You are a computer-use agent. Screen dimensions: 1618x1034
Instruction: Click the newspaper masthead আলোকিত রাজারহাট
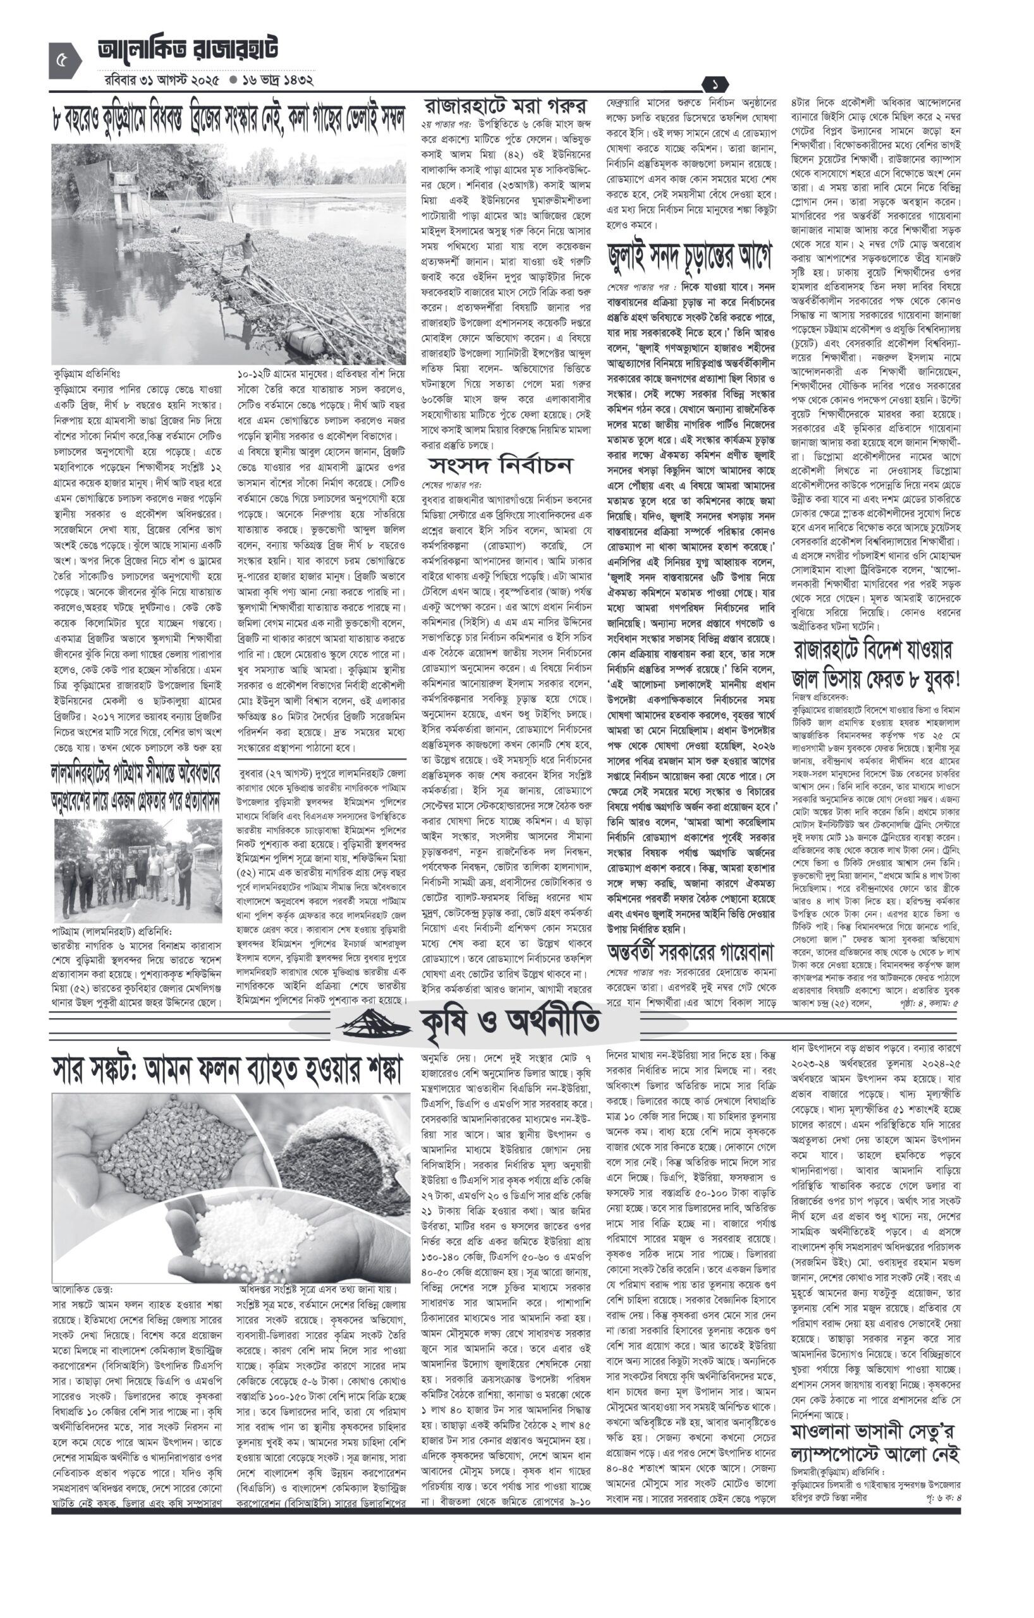[188, 49]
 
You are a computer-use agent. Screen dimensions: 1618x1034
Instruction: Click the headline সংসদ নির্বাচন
[500, 465]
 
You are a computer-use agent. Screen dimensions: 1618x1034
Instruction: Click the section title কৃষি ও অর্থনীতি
[511, 1022]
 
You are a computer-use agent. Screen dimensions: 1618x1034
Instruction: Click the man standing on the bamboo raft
[249, 250]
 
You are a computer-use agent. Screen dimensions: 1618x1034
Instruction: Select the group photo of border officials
[138, 871]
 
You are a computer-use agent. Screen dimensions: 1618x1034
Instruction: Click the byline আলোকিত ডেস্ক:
[83, 1289]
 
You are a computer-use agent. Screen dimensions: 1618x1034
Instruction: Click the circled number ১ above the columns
[715, 85]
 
